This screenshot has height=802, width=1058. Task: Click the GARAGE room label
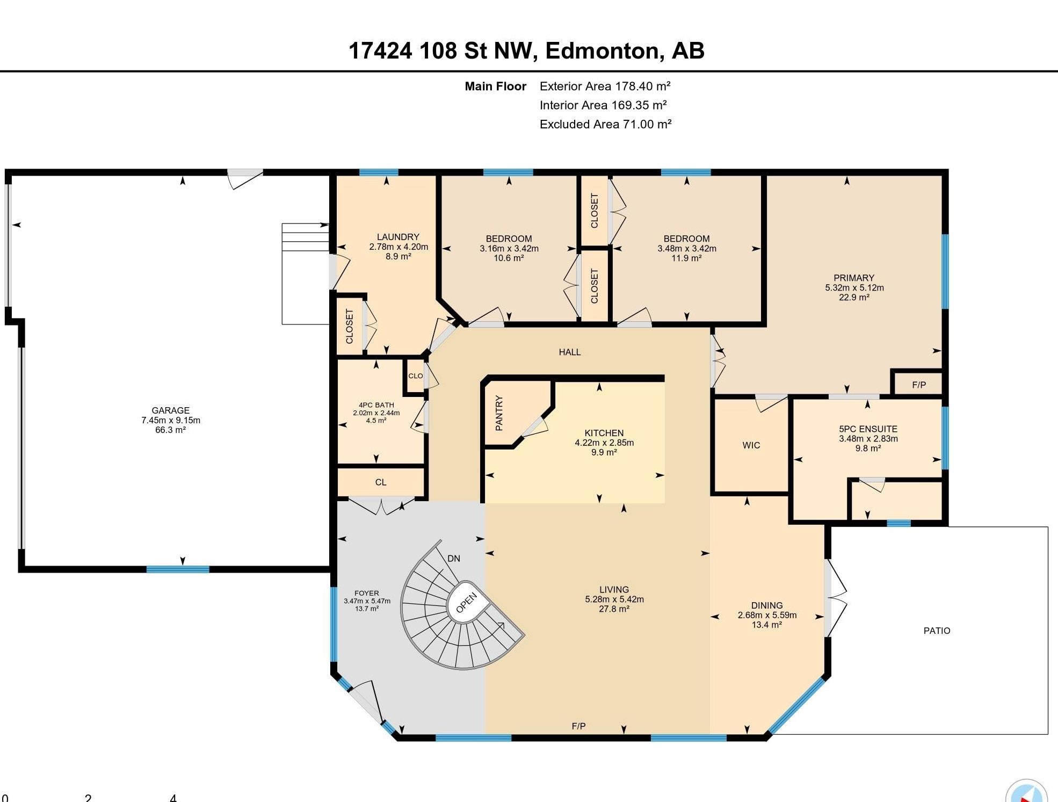click(170, 410)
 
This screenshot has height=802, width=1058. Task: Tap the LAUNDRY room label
click(398, 237)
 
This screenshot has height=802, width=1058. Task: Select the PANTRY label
click(499, 413)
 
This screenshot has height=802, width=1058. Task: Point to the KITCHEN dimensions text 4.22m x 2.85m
click(604, 443)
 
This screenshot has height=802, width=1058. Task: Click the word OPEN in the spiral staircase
click(466, 603)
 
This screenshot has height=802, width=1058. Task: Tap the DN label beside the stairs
click(454, 558)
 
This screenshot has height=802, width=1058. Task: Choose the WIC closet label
click(751, 445)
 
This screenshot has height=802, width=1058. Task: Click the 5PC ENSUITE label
click(868, 429)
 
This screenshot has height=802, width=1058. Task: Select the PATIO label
click(937, 631)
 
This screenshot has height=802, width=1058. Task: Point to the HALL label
click(569, 352)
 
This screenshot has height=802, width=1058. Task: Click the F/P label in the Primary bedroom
click(919, 385)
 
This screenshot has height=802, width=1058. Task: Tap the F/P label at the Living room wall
click(578, 726)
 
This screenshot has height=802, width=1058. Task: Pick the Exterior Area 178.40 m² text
click(605, 86)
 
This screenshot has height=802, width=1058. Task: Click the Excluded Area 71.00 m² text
click(606, 124)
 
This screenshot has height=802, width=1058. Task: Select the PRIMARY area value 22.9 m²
click(854, 297)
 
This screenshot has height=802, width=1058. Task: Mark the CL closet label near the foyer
click(381, 482)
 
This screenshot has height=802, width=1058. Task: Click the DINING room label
click(767, 605)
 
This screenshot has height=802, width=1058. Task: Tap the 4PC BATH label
click(376, 405)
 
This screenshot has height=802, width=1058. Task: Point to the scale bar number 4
click(173, 798)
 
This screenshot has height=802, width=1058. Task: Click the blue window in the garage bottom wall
click(178, 569)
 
